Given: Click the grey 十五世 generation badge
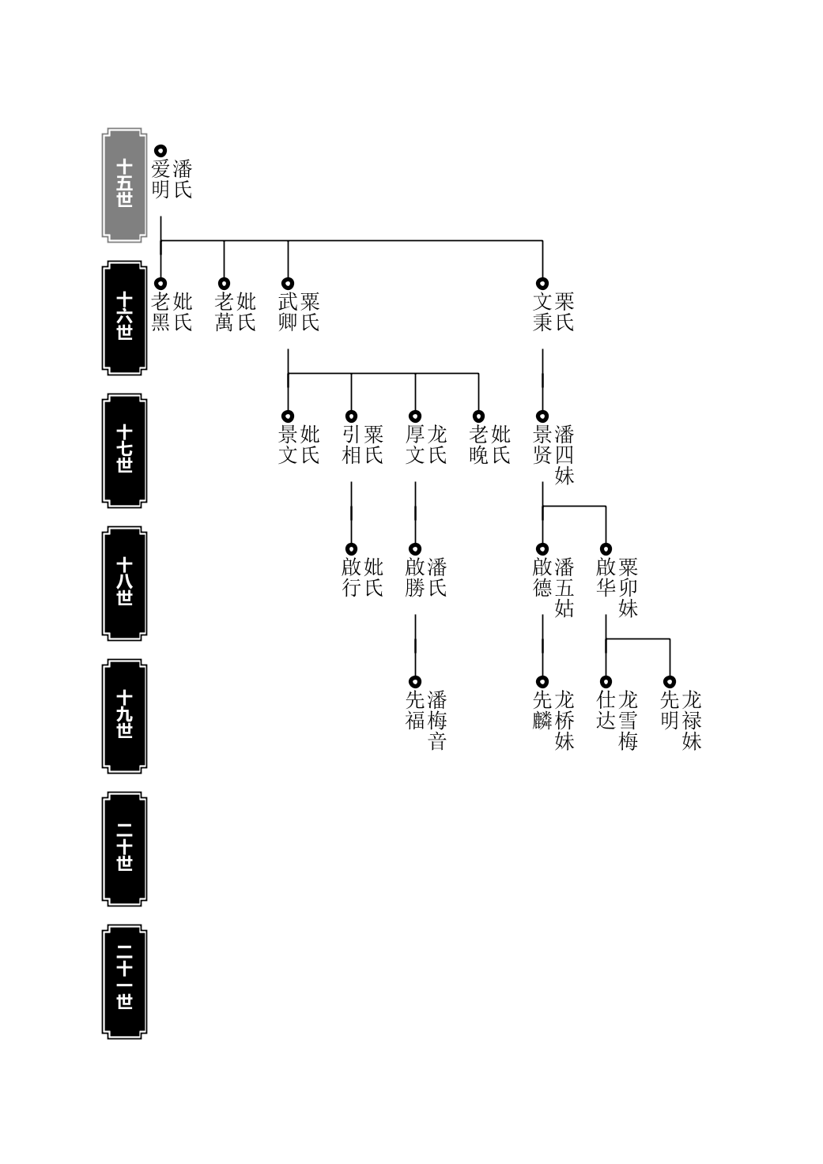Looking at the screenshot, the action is pyautogui.click(x=124, y=186).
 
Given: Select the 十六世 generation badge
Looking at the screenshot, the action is pyautogui.click(x=124, y=318).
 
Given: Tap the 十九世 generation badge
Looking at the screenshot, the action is pyautogui.click(x=124, y=716).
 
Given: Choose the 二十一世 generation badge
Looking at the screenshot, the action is pyautogui.click(x=124, y=981).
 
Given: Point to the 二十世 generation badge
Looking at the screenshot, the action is pyautogui.click(x=124, y=849).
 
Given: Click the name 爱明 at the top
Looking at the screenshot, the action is pyautogui.click(x=160, y=179).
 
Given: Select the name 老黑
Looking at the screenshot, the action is pyautogui.click(x=160, y=312).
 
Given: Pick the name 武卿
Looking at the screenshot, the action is pyautogui.click(x=288, y=312).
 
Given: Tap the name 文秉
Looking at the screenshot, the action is pyautogui.click(x=542, y=312).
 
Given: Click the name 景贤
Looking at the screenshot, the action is pyautogui.click(x=542, y=444).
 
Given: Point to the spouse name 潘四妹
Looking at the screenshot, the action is pyautogui.click(x=564, y=454).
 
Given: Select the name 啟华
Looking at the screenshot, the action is pyautogui.click(x=606, y=577).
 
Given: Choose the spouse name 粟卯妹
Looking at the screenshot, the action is pyautogui.click(x=628, y=587).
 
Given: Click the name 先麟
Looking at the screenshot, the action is pyautogui.click(x=542, y=710).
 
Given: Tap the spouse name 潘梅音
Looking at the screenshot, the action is pyautogui.click(x=437, y=720).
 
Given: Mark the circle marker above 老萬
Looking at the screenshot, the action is pyautogui.click(x=224, y=284).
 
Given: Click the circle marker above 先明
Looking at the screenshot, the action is pyautogui.click(x=670, y=682).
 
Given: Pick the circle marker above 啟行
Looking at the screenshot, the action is pyautogui.click(x=352, y=549).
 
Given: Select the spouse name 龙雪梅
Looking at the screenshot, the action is pyautogui.click(x=628, y=720).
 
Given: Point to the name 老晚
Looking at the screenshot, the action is pyautogui.click(x=478, y=444).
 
